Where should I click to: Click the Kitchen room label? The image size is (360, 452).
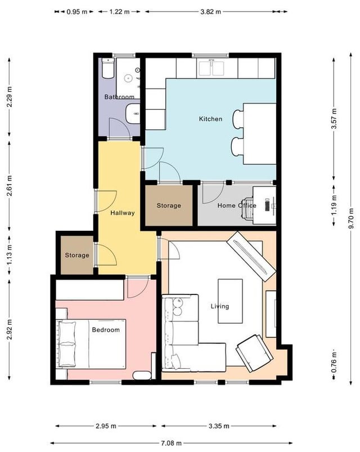click(210, 119)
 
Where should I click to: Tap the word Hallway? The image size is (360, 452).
click(123, 213)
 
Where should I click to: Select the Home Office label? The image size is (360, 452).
click(237, 205)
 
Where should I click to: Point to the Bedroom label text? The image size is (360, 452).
click(106, 330)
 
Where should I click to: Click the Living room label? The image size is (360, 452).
click(220, 306)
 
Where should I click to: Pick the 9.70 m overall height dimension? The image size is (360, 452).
click(351, 218)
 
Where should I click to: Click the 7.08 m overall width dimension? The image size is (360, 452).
click(171, 443)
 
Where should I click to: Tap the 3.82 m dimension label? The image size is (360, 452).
click(210, 12)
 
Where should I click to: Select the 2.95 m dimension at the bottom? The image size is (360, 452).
click(106, 426)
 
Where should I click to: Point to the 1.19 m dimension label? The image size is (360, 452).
click(334, 205)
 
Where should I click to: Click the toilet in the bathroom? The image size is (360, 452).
click(108, 68)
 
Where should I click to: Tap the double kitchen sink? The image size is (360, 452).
click(211, 68)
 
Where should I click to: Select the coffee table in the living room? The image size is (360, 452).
click(230, 301)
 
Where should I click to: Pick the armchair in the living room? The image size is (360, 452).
click(254, 353)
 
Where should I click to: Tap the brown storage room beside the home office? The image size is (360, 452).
click(169, 205)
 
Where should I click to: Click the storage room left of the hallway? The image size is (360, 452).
click(77, 255)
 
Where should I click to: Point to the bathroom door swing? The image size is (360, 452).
click(119, 128)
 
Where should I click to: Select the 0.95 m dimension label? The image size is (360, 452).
click(77, 12)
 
